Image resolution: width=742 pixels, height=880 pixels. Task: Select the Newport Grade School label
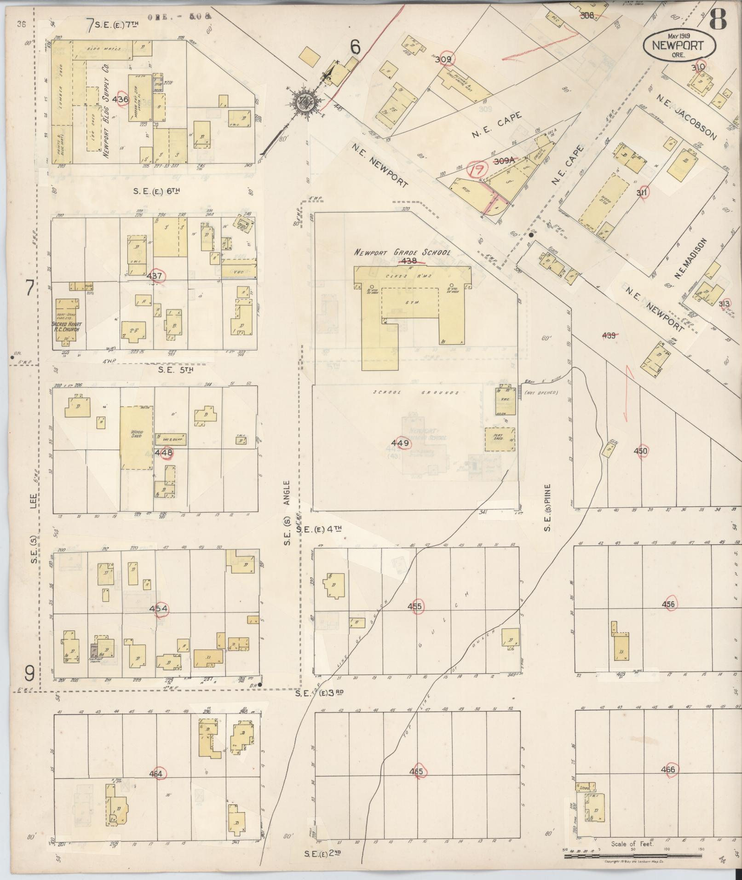click(402, 252)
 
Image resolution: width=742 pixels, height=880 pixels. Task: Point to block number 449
click(400, 443)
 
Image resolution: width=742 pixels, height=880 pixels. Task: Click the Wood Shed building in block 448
click(137, 437)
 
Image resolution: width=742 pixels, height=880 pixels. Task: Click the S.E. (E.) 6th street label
click(156, 191)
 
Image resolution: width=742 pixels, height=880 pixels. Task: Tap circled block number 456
click(668, 604)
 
